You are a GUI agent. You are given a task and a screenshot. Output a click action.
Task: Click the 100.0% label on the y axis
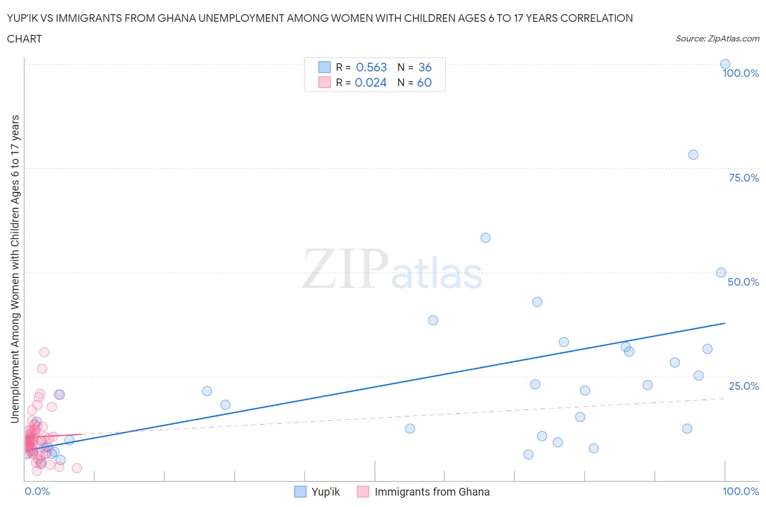pos(740,73)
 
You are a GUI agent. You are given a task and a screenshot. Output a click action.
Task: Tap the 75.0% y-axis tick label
pos(744,178)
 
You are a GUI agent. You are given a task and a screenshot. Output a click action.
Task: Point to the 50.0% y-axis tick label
pos(743,282)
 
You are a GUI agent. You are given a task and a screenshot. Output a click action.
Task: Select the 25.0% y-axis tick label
pos(744,386)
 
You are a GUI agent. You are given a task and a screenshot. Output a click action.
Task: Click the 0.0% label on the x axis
pos(37,491)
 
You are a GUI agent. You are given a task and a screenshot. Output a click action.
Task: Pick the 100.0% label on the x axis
pos(740,491)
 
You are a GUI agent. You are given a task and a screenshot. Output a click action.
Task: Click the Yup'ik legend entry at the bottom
pos(325,492)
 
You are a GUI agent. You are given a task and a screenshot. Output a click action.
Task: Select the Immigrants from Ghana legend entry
pos(431,492)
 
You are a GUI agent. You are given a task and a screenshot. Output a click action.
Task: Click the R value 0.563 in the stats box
pos(371,67)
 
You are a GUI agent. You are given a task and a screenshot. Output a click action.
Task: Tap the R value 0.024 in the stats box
pos(370,82)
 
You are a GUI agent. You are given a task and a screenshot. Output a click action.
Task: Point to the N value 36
pos(425,67)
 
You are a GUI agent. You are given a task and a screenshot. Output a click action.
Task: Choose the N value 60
pos(424,82)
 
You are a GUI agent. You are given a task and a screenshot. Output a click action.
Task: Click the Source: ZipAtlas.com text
pos(717,38)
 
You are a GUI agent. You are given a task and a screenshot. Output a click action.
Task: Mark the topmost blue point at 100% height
pos(725,64)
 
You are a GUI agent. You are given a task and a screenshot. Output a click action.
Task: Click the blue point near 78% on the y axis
pos(693,154)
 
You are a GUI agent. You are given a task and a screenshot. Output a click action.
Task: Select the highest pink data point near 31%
pos(44,352)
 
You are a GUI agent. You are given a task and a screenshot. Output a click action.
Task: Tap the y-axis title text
pos(15,269)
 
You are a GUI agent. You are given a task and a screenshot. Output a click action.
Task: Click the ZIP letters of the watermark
pos(345,269)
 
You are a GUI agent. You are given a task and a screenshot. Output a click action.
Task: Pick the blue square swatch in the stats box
pos(324,67)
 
